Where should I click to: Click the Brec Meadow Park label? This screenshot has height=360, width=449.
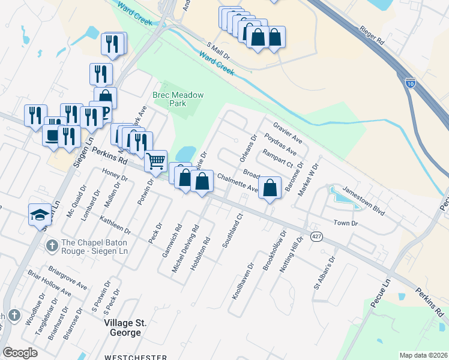pos(178,99)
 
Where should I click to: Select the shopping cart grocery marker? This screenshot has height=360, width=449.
pos(156,160)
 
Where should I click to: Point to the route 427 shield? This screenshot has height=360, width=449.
pos(317,236)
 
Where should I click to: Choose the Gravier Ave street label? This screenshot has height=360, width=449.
pos(287,134)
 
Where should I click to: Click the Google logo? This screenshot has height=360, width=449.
pos(20,353)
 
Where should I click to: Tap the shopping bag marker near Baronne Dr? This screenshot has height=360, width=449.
pos(271,187)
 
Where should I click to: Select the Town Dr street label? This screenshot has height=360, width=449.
pos(346,223)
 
